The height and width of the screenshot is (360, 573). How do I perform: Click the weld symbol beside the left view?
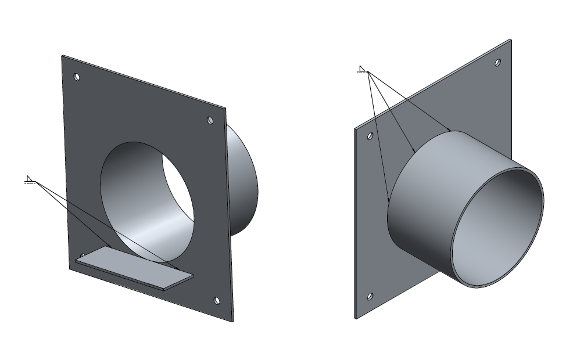click(30, 180)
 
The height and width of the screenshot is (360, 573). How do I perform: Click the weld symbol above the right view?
click(361, 71)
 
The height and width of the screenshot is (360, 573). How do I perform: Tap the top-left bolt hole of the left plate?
click(77, 77)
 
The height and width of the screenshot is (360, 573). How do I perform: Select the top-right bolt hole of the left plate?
click(210, 121)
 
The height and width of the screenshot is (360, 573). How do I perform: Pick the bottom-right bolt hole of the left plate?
click(217, 300)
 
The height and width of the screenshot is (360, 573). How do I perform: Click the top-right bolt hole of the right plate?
click(497, 62)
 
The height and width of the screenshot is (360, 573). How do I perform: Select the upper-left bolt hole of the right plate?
click(369, 136)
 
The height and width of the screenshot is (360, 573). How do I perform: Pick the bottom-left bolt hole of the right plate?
click(370, 296)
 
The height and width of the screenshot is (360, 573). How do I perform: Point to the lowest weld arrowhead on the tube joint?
click(388, 201)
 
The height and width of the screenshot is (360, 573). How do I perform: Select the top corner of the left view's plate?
click(62, 56)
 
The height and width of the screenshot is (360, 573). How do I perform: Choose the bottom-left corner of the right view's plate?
click(355, 318)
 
